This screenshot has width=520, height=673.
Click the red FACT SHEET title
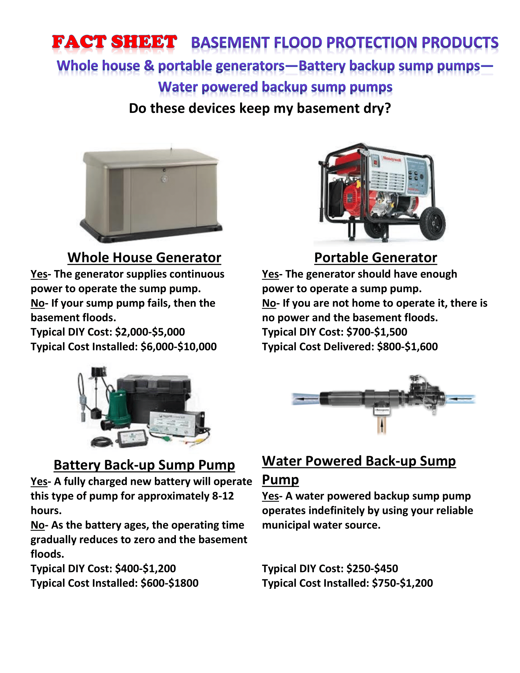[114, 42]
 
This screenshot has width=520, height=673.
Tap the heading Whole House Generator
[144, 257]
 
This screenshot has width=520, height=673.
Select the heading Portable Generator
[376, 257]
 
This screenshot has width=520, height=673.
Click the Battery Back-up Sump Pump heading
[144, 465]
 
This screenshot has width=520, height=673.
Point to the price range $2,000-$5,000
[150, 332]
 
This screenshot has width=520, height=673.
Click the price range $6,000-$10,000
[178, 346]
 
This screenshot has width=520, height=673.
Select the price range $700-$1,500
[377, 332]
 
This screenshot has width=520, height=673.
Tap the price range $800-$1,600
[407, 346]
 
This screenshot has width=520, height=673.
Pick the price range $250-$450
[372, 568]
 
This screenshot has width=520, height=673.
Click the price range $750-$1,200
[402, 583]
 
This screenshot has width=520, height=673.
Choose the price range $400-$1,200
[145, 568]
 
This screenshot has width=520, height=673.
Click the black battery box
[154, 394]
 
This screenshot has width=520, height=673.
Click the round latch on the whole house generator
[165, 178]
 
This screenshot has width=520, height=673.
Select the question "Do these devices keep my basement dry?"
[260, 109]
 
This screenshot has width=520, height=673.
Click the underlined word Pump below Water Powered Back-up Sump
[280, 479]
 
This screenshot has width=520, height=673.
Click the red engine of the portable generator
[354, 200]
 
